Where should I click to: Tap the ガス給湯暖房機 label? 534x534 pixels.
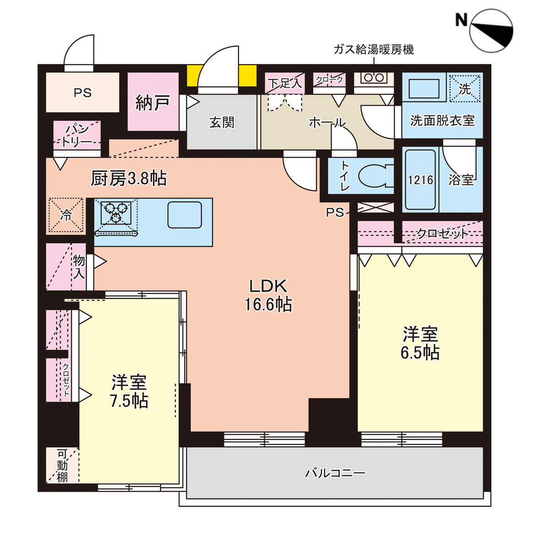coord(374,49)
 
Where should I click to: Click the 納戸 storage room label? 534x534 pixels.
coord(153,102)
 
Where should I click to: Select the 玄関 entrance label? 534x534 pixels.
coord(222,123)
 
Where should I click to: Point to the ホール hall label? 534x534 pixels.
coord(327,122)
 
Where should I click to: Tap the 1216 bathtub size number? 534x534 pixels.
coord(420,180)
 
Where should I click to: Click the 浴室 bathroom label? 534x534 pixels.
coord(461,180)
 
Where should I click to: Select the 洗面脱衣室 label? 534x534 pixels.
coord(442,120)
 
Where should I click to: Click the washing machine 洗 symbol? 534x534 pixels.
coord(465,89)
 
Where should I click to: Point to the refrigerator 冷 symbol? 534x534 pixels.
coord(66,215)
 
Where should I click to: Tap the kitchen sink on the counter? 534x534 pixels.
coord(185,215)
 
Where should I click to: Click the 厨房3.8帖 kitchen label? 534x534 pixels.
coord(128,179)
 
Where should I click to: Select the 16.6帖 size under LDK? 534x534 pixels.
coord(268,305)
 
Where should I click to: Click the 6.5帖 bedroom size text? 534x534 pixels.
coord(420,353)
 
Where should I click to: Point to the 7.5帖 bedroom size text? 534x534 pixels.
coord(129,401)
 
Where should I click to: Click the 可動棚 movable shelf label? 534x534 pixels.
coord(62,466)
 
